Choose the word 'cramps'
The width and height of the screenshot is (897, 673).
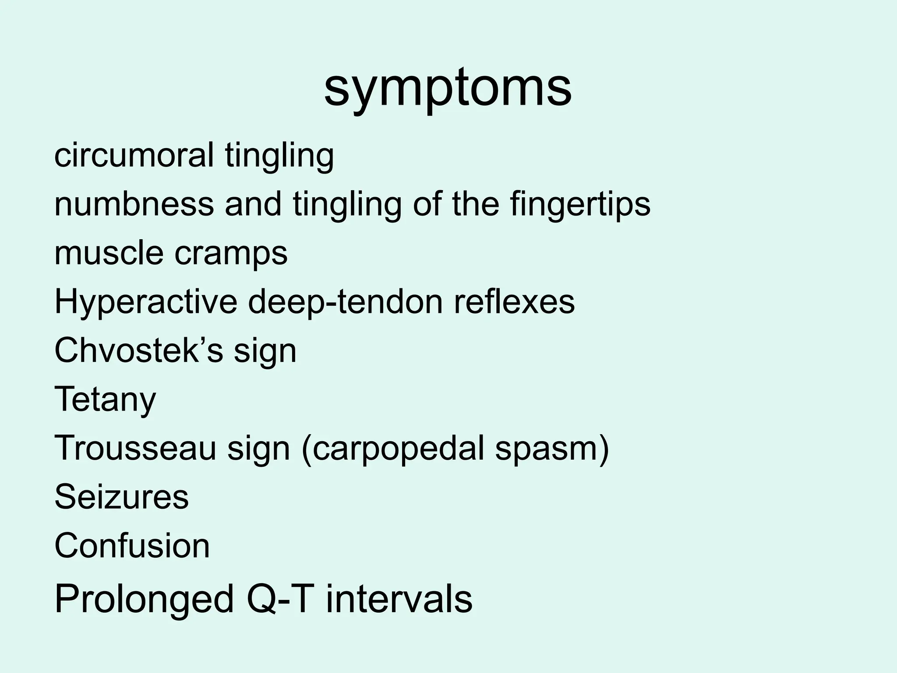tap(231, 254)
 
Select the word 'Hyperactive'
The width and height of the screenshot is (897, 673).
tap(146, 302)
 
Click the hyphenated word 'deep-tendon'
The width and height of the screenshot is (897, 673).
tap(346, 302)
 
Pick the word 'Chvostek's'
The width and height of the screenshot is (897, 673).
tap(138, 351)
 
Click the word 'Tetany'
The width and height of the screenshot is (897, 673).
tap(105, 400)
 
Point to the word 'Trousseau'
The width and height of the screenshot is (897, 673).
tap(135, 448)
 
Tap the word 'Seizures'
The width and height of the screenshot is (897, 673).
tap(121, 496)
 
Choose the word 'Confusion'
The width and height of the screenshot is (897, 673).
tap(132, 545)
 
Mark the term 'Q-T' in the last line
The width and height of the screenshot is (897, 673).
tap(280, 599)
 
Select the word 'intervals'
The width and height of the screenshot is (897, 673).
tap(399, 599)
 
